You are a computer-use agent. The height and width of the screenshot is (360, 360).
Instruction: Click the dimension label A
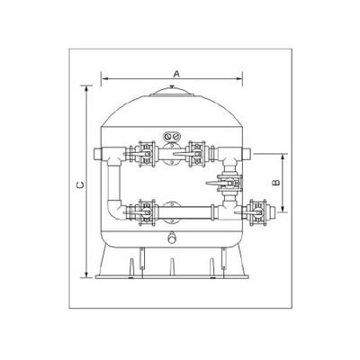pos(176,74)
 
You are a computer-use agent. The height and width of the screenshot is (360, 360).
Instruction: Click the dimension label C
pos(80,185)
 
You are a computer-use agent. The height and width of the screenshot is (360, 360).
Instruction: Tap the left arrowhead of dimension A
pos(103,79)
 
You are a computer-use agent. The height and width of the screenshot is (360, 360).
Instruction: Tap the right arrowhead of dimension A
pos(239,79)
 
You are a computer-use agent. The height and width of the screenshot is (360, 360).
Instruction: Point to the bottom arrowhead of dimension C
pos(86,274)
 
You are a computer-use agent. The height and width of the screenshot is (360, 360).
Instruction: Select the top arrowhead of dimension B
pos(283,157)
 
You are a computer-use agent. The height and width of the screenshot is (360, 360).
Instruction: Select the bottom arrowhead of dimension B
pos(283,209)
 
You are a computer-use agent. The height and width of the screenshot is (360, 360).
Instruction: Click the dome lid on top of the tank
pos(172,92)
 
